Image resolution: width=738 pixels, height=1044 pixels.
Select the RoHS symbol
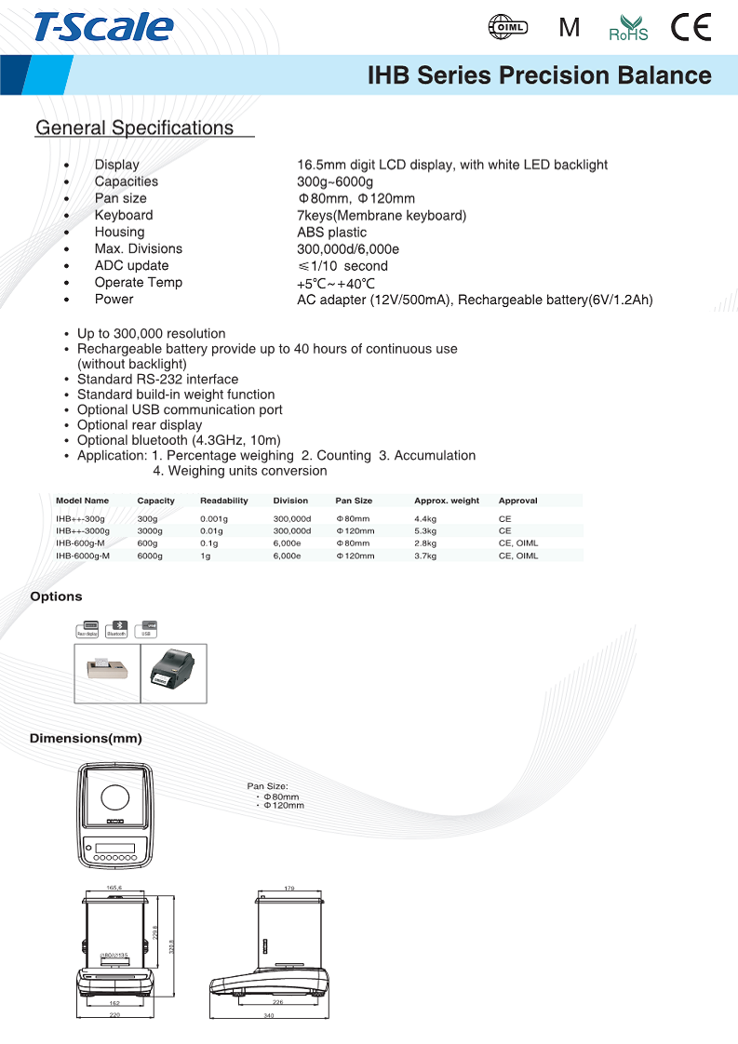628,29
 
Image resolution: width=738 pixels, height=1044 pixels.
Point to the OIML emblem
508,28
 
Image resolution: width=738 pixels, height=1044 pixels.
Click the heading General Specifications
134,127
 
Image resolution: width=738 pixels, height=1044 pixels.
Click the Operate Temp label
138,282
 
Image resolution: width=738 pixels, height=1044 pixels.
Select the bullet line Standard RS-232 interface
157,379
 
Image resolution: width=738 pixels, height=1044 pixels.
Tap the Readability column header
223,501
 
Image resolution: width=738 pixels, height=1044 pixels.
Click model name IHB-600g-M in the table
80,542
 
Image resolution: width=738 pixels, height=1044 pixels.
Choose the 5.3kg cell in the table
425,530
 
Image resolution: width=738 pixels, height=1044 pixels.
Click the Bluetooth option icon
116,629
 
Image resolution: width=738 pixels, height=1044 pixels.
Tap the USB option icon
146,629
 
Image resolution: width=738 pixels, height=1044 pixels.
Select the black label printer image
173,673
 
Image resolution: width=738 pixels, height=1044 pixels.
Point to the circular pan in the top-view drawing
115,796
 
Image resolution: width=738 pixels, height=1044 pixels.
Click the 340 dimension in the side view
269,1015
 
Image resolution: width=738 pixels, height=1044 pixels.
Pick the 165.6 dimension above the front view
114,888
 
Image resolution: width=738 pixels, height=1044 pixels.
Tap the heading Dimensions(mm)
86,739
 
